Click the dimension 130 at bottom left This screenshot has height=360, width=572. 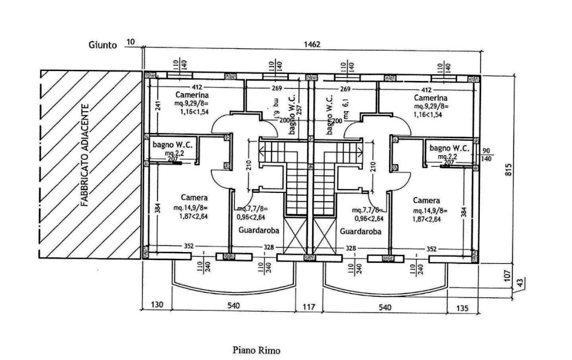pyautogui.click(x=157, y=306)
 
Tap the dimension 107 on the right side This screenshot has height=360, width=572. pyautogui.click(x=508, y=275)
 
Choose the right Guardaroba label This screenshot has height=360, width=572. pyautogui.click(x=360, y=231)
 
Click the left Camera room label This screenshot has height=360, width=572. pyautogui.click(x=194, y=197)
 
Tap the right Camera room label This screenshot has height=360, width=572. pyautogui.click(x=426, y=200)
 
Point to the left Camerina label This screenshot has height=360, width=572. pyautogui.click(x=178, y=95)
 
